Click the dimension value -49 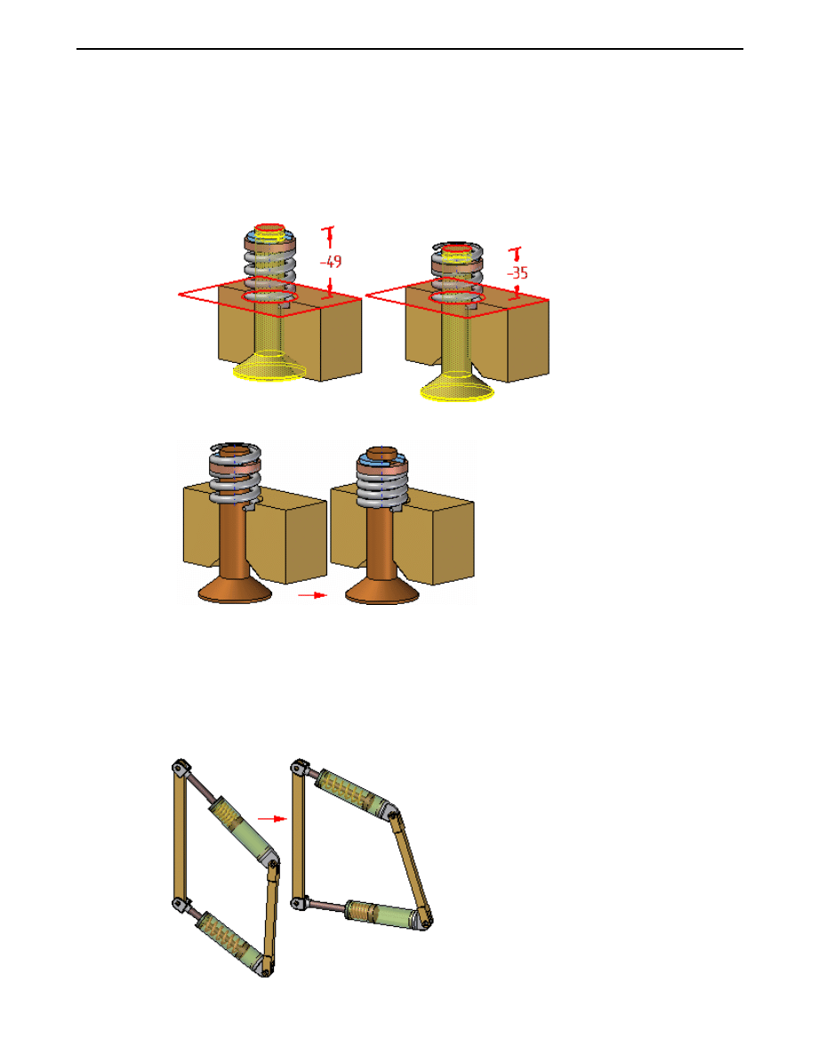[331, 262]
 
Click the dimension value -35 [518, 273]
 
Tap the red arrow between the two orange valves [312, 595]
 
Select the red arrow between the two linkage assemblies [272, 819]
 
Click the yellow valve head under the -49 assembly [269, 367]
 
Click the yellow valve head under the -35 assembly [457, 387]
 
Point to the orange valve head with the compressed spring [382, 589]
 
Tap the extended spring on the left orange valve [235, 474]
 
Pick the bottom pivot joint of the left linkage [265, 969]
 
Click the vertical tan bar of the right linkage [297, 837]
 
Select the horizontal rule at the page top [410, 49]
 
